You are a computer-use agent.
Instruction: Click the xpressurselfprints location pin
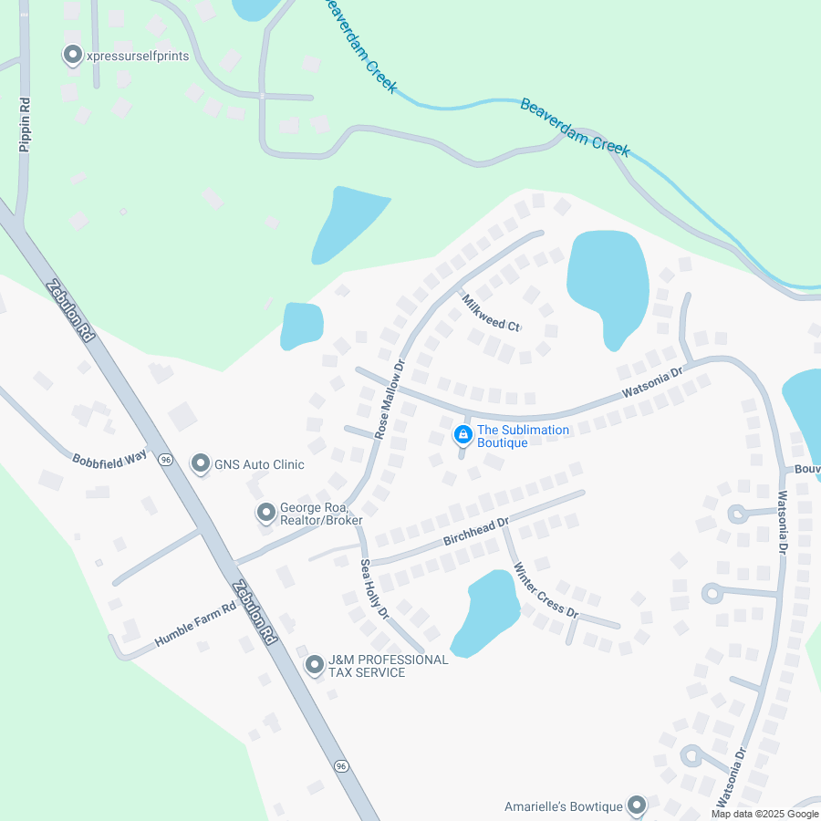click(x=73, y=56)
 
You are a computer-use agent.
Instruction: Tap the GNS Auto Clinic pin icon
click(x=200, y=463)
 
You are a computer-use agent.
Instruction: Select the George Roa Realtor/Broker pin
click(x=265, y=513)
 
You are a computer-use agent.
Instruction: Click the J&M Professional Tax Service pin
click(x=315, y=665)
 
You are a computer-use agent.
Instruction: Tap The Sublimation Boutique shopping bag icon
click(x=463, y=434)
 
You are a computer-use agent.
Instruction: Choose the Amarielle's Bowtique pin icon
click(x=636, y=805)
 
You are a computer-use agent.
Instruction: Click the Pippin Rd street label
click(x=26, y=125)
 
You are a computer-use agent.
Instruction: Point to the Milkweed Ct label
click(x=490, y=313)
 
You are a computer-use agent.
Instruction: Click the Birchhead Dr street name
click(x=475, y=532)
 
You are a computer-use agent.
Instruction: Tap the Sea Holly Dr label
click(x=374, y=588)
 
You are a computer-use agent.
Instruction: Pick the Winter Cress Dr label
click(x=546, y=590)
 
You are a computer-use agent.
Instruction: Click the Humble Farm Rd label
click(x=195, y=625)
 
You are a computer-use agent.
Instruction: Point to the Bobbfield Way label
click(x=109, y=456)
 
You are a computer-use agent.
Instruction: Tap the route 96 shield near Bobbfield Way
click(x=165, y=460)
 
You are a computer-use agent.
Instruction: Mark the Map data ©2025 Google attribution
click(x=764, y=814)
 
